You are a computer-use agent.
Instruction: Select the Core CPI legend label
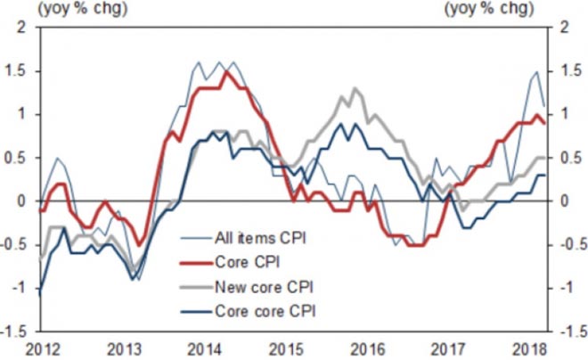click(x=246, y=262)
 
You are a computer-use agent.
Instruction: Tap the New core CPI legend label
click(x=262, y=287)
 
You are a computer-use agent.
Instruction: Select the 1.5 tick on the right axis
click(x=565, y=70)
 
